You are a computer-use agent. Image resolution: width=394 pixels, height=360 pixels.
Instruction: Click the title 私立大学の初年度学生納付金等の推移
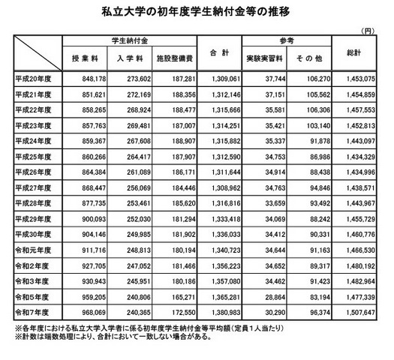[x=197, y=13]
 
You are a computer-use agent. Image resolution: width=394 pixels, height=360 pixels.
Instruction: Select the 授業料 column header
[x=85, y=57]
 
